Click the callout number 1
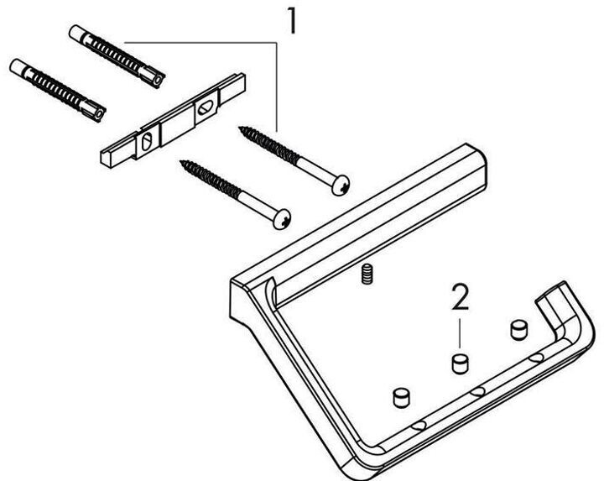(293, 21)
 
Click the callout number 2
(461, 297)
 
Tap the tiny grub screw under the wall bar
(367, 274)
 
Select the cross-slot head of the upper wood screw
(341, 185)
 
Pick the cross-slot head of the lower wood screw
(282, 219)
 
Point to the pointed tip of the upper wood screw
(241, 128)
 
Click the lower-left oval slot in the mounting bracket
(147, 142)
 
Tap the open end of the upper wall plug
(158, 80)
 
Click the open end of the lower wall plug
(99, 113)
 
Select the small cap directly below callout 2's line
(460, 363)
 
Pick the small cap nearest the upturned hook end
(518, 330)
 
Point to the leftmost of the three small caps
(401, 397)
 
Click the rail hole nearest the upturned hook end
(536, 358)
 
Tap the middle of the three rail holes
(477, 392)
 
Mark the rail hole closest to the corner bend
(419, 426)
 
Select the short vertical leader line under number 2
(460, 333)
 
